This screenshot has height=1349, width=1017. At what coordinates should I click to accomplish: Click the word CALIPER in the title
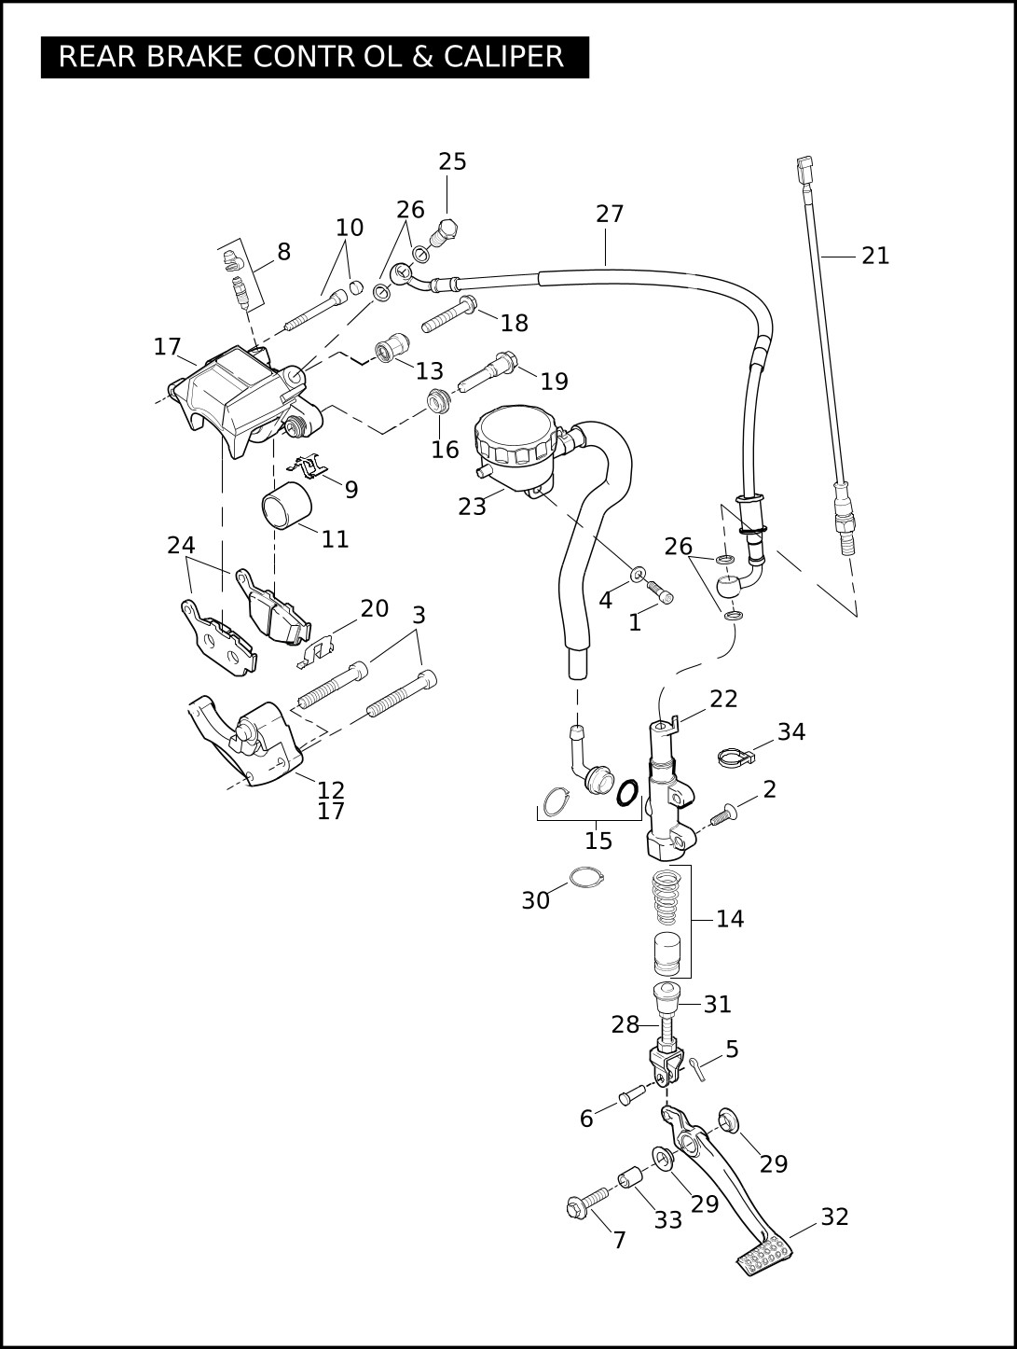pyautogui.click(x=503, y=57)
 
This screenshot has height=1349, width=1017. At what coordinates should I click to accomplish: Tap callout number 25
pyautogui.click(x=453, y=161)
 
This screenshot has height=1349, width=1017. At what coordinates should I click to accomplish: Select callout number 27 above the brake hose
pyautogui.click(x=610, y=214)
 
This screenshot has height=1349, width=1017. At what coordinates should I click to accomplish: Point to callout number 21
pyautogui.click(x=875, y=256)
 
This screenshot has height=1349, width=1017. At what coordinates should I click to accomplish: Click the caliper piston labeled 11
pyautogui.click(x=286, y=506)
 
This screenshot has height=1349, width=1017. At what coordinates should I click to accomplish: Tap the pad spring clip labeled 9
pyautogui.click(x=307, y=467)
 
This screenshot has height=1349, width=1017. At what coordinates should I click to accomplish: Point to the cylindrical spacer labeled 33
pyautogui.click(x=629, y=1178)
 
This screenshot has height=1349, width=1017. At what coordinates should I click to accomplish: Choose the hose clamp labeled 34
pyautogui.click(x=735, y=756)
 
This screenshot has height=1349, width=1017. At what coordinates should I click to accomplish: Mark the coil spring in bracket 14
pyautogui.click(x=666, y=897)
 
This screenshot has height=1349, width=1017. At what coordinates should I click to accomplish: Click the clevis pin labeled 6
pyautogui.click(x=630, y=1095)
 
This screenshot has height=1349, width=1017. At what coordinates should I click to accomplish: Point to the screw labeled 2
pyautogui.click(x=724, y=814)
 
